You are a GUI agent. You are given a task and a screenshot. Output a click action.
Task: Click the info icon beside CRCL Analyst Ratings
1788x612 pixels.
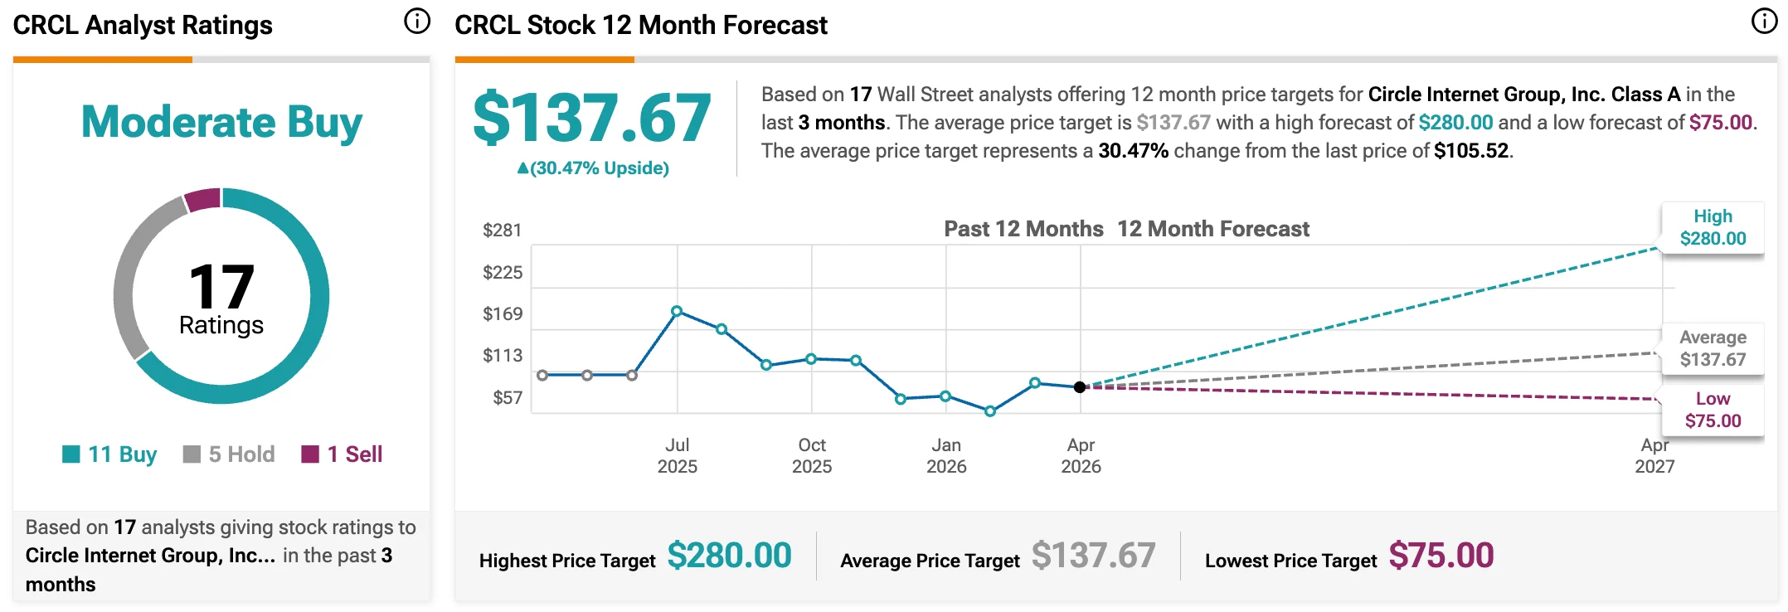416,22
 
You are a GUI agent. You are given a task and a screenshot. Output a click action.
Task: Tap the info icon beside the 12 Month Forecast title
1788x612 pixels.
1763,22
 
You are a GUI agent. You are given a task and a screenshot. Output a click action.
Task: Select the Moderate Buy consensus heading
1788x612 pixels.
221,122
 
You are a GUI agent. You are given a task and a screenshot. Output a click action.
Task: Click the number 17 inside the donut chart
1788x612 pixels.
221,287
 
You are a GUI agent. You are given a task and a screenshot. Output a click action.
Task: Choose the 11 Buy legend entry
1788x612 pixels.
109,454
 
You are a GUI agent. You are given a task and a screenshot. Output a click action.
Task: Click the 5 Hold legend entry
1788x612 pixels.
229,454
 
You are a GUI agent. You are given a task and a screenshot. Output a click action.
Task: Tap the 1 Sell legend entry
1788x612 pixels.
342,454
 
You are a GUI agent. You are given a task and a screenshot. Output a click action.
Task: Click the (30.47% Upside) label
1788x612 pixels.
593,168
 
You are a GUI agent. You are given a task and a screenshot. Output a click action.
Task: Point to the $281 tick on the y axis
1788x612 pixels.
502,230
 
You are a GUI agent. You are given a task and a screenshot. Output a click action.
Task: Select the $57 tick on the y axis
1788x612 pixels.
507,398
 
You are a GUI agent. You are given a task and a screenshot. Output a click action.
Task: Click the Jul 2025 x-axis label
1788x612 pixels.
678,455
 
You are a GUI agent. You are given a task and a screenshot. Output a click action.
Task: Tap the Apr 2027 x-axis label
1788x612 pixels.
1654,455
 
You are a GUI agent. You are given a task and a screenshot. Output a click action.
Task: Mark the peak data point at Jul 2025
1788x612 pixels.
677,311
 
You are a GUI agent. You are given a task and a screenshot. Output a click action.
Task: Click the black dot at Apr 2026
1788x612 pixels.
1080,387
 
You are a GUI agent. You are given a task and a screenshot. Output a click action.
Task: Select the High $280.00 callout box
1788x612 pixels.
1713,228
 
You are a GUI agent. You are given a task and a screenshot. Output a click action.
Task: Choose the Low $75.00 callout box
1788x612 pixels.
1713,410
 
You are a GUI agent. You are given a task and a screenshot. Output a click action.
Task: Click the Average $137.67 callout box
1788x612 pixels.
1713,348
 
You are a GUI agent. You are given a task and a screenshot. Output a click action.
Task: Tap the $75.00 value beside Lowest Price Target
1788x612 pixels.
1441,556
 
